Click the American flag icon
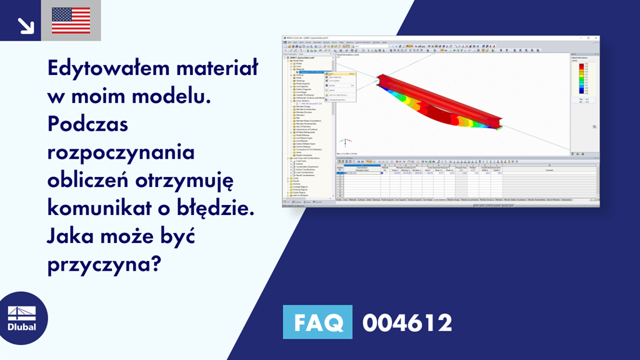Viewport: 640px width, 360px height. [71, 21]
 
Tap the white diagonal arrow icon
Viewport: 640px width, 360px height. [26, 25]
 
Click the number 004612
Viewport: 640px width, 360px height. [407, 323]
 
